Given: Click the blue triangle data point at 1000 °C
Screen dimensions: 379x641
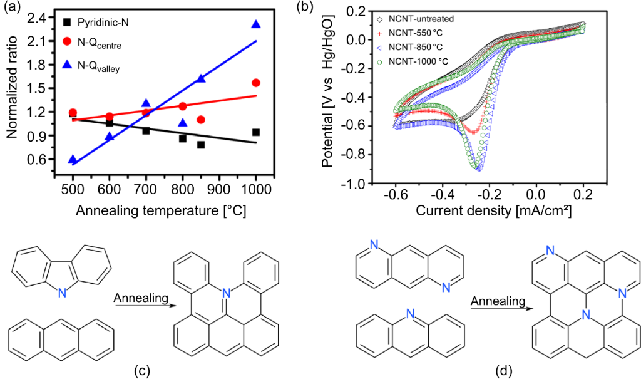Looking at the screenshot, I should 255,24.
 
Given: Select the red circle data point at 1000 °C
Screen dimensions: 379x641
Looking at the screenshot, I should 255,83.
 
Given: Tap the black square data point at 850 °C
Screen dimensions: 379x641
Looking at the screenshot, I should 201,145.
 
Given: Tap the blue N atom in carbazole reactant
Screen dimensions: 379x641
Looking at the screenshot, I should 61,293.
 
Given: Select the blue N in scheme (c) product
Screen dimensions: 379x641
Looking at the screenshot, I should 227,291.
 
